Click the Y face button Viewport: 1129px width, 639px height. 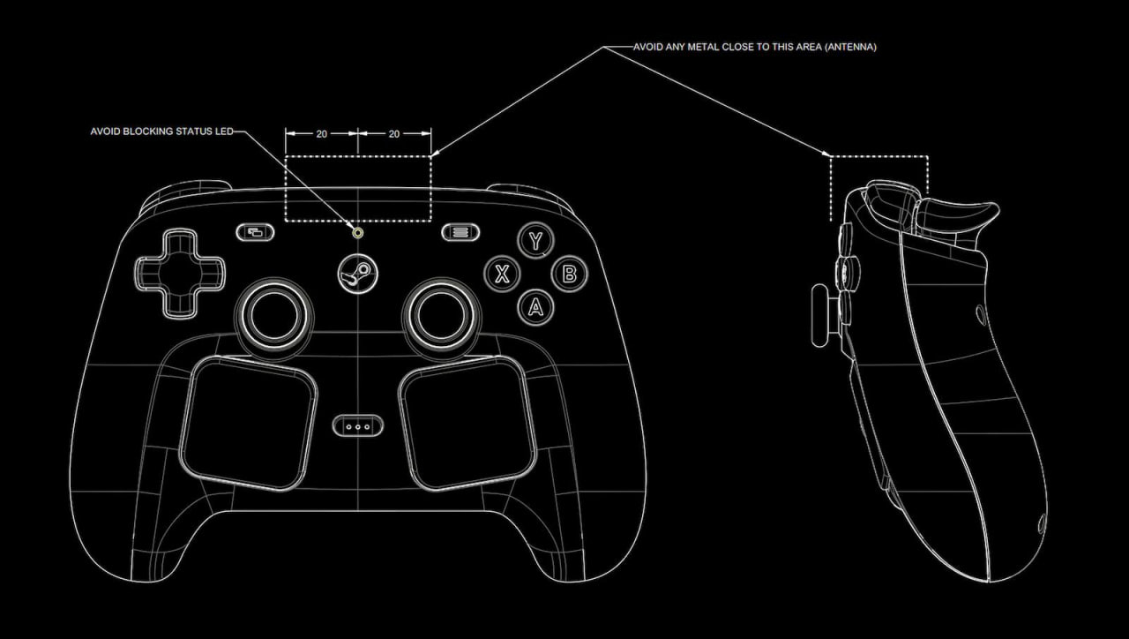point(535,241)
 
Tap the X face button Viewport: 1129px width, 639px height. point(502,274)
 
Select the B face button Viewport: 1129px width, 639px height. point(569,274)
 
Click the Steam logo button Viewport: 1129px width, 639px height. point(358,274)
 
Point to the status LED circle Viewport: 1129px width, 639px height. point(358,233)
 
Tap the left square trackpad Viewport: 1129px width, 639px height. point(249,423)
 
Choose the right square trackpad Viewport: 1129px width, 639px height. point(467,423)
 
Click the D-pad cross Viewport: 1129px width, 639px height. point(180,274)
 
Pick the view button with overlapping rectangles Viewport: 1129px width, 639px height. point(256,232)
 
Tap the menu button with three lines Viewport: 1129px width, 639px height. point(460,232)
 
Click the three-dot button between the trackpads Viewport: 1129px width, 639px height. point(358,426)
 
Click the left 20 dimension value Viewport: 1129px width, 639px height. point(322,134)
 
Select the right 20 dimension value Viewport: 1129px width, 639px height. point(394,134)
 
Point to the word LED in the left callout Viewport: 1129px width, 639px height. point(224,132)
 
